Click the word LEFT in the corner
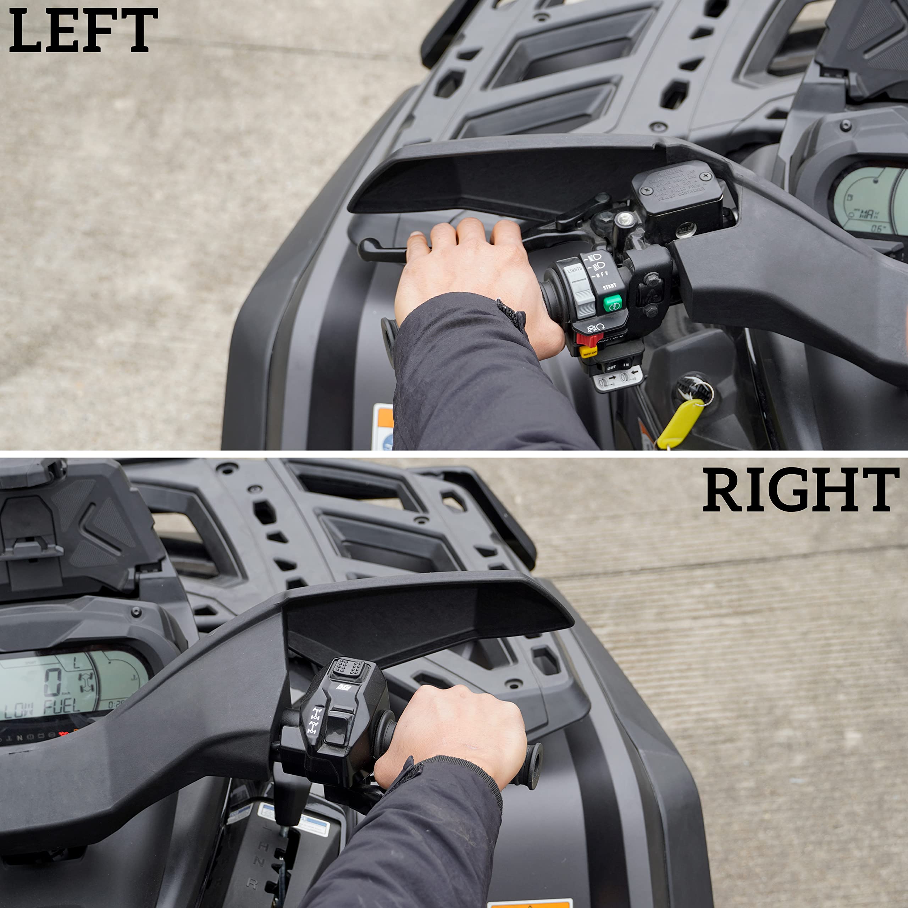(83, 31)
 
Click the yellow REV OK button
(588, 351)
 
